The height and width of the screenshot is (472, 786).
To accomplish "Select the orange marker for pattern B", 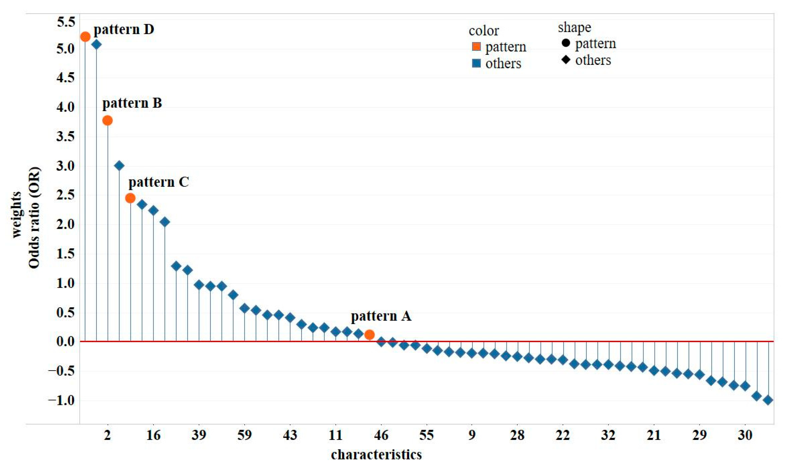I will (108, 121).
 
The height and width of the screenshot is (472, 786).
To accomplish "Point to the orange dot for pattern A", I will (369, 335).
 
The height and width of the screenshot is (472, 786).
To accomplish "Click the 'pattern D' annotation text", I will (124, 30).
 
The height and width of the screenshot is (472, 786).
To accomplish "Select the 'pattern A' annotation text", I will (381, 316).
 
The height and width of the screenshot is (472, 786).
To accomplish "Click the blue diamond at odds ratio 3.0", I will (119, 166).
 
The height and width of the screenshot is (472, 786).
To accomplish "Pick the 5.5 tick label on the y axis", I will (66, 22).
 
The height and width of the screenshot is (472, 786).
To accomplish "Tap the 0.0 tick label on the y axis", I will (66, 342).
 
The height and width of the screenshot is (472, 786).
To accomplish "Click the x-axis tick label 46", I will (381, 435).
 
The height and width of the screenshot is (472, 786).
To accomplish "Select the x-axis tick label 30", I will (745, 435).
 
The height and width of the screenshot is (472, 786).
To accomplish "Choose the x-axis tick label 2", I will (108, 435).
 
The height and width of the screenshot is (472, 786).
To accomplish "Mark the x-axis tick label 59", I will (244, 435).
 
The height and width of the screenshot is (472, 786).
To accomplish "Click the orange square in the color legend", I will (476, 47).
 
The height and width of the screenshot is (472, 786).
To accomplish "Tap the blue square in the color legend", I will (476, 64).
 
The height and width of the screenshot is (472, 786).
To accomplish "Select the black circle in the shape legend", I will (566, 43).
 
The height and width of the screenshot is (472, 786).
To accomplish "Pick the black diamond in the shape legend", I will (566, 59).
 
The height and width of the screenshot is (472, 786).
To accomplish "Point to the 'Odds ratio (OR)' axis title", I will (34, 218).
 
